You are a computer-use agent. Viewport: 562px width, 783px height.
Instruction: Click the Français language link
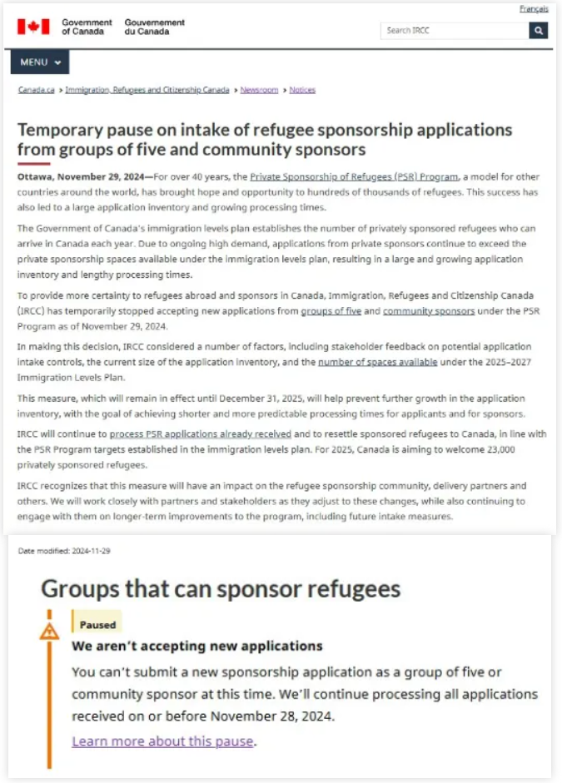[x=534, y=9]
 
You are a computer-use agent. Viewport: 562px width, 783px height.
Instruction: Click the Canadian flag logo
[x=33, y=27]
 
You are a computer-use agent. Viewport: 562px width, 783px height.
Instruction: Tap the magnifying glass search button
[x=539, y=31]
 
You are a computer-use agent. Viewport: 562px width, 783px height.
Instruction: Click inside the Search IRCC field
[x=455, y=31]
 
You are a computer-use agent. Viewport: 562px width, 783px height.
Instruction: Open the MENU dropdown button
[x=40, y=62]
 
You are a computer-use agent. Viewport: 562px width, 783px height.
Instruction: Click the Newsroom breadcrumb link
[x=259, y=90]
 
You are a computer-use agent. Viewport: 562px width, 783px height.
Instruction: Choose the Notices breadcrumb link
[x=302, y=90]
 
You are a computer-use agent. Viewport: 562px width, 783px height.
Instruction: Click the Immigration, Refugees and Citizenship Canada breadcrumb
[x=147, y=90]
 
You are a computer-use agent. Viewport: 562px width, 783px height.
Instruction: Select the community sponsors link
[x=429, y=310]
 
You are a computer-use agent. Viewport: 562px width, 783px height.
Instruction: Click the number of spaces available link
[x=366, y=362]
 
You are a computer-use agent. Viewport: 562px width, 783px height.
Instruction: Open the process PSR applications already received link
[x=201, y=434]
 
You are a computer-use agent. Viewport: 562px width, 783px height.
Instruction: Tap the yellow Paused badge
[x=97, y=624]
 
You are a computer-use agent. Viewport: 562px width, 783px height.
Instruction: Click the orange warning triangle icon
[x=49, y=631]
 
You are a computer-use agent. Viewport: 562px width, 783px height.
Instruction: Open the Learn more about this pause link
[x=163, y=741]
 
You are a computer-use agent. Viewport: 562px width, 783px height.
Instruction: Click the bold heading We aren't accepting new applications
[x=196, y=646]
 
